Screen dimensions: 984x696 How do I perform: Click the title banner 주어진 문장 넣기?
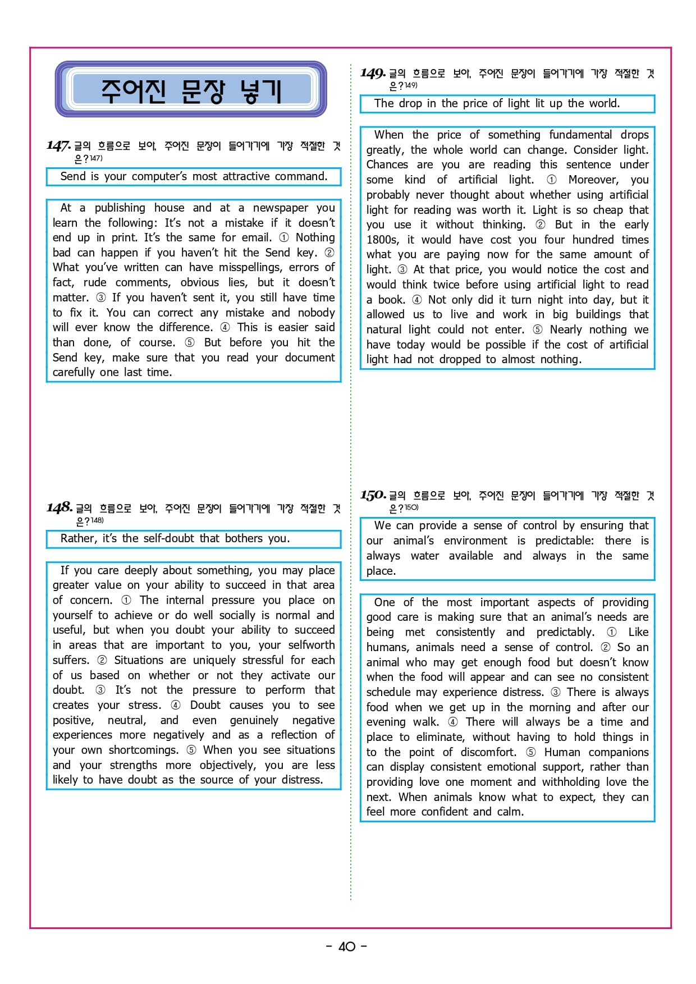point(191,90)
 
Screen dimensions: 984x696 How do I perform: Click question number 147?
point(58,146)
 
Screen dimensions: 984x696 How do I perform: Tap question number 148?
point(59,508)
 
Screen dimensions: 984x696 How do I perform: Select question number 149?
point(373,74)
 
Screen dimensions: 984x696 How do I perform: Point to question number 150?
point(373,496)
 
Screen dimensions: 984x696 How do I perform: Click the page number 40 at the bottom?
point(347,946)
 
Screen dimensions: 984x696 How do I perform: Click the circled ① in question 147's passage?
point(284,237)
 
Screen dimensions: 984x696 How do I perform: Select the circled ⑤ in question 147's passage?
point(190,342)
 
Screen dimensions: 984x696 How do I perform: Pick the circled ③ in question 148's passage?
point(100,690)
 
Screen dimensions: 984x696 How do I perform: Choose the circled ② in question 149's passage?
point(540,225)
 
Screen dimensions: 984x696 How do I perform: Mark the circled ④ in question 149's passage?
point(416,300)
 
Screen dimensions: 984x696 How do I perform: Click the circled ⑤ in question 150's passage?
point(531,752)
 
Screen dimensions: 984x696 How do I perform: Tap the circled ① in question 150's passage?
point(612,632)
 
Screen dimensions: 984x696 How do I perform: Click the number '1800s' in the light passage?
point(382,240)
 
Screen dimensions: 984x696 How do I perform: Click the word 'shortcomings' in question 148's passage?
point(143,750)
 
